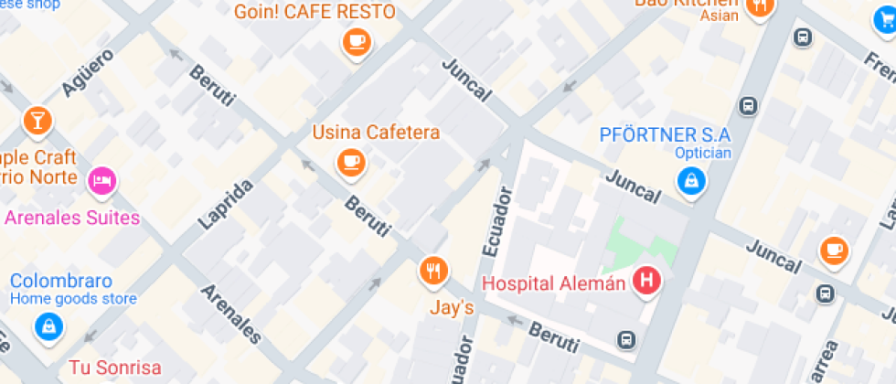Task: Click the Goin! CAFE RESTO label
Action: point(315,12)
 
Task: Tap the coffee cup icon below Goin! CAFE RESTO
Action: point(356,41)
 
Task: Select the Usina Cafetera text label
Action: point(376,132)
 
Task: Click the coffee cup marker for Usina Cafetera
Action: point(350,162)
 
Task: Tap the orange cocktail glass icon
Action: point(37,119)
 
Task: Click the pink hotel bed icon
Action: point(102,180)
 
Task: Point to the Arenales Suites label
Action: point(72,218)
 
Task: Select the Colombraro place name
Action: point(61,280)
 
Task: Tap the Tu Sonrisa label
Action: point(115,368)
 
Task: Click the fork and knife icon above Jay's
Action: point(433,270)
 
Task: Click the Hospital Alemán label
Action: point(553,283)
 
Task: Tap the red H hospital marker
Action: point(647,281)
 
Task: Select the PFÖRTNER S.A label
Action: point(666,134)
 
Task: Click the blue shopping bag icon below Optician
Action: point(692,180)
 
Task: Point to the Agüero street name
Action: point(89,72)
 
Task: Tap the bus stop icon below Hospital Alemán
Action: point(626,339)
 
